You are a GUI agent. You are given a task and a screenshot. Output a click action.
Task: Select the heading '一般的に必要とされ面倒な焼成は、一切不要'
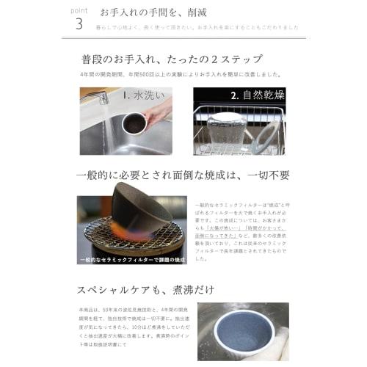pos(183,175)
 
